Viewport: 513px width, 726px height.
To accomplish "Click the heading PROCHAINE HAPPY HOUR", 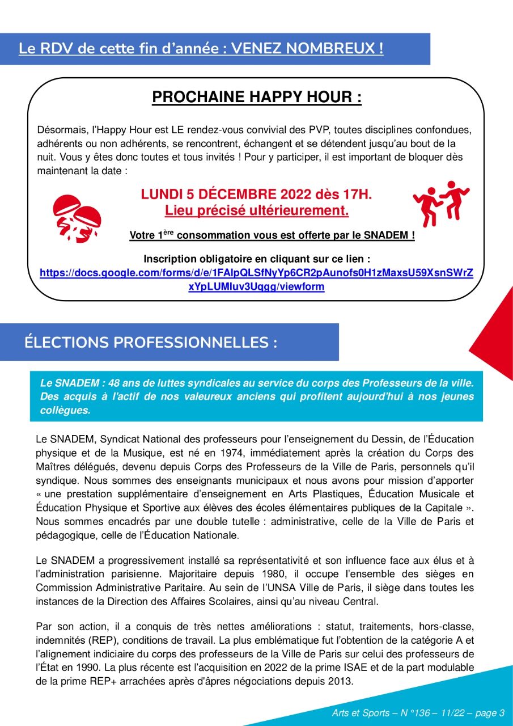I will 256,98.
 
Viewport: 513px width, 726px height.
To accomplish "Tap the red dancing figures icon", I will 442,204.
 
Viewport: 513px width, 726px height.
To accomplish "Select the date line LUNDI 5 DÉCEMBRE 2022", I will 256,195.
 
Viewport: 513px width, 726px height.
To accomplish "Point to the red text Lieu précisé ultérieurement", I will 256,211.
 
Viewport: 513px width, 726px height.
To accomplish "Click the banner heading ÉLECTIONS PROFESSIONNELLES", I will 151,343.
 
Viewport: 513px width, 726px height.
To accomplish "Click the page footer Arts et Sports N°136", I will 418,713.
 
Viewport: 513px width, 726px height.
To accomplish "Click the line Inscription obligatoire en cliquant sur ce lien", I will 256,259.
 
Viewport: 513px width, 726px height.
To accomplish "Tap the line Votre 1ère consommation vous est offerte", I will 272,235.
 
